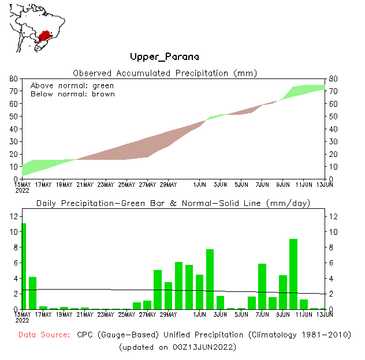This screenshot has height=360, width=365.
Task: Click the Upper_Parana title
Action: (x=165, y=57)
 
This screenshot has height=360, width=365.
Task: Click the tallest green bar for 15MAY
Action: (x=24, y=265)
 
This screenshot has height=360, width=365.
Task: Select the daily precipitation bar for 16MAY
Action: (x=33, y=292)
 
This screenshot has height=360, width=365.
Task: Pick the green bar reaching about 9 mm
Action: (x=293, y=273)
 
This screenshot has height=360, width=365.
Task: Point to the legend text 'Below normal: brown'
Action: (x=72, y=93)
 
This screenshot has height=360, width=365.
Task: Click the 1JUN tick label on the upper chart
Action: (x=200, y=185)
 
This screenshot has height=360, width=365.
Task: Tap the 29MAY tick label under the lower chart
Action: (x=168, y=314)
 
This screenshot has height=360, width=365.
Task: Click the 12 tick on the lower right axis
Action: (x=333, y=216)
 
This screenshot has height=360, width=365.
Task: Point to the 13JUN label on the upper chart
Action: (x=325, y=185)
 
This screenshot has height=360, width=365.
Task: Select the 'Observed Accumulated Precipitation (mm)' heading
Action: (x=165, y=73)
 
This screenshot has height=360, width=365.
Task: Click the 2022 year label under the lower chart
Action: (x=22, y=320)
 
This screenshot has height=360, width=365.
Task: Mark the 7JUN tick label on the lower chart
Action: (x=262, y=314)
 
